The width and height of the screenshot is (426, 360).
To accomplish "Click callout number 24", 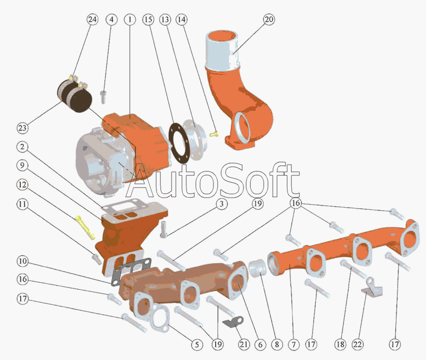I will [x=93, y=20].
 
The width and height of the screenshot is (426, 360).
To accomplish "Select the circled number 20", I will [x=269, y=20].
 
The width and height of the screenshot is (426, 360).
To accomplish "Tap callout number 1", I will [x=129, y=20].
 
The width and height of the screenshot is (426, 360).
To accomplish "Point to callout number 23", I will [x=22, y=128].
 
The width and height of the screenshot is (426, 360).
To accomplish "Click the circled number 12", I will [x=22, y=185].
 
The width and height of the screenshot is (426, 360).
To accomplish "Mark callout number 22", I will [x=357, y=345].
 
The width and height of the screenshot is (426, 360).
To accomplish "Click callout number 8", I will [x=276, y=345].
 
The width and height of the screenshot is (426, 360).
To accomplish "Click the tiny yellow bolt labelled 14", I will [x=214, y=134].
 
